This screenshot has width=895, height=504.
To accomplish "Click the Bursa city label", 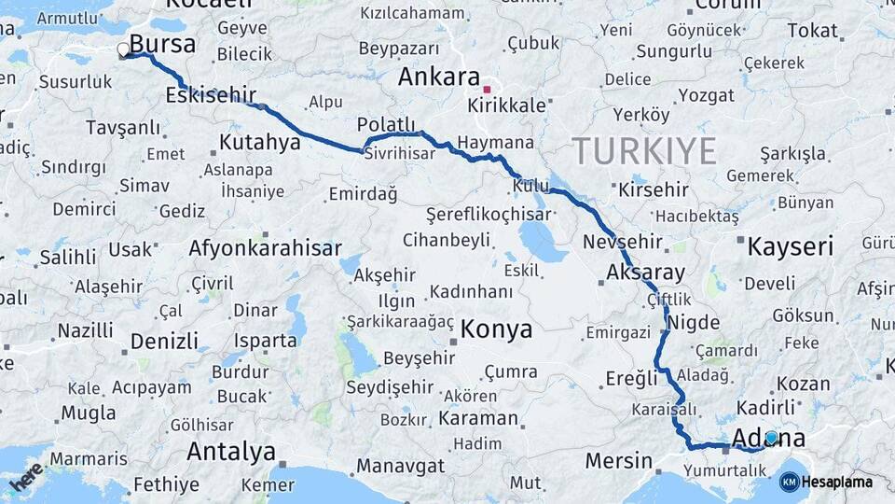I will pyautogui.click(x=162, y=44).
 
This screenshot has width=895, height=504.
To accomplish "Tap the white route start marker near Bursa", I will pyautogui.click(x=124, y=50).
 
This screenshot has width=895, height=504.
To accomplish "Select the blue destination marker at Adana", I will pyautogui.click(x=771, y=437).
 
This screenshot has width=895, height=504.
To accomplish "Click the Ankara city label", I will pyautogui.click(x=438, y=77).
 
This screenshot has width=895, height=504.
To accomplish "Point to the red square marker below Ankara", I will pyautogui.click(x=487, y=90).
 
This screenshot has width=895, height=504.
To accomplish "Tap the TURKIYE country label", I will pyautogui.click(x=644, y=150).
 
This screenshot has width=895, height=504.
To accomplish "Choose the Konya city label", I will pyautogui.click(x=496, y=329).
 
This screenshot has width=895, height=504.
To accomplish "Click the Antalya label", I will pyautogui.click(x=231, y=452).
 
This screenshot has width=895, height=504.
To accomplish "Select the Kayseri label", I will pyautogui.click(x=790, y=247).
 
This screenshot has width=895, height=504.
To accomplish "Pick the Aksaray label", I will pyautogui.click(x=645, y=273).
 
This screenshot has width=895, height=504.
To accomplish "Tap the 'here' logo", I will pyautogui.click(x=25, y=475).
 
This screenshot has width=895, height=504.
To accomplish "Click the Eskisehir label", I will pyautogui.click(x=211, y=95).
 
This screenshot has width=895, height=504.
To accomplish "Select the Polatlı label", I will pyautogui.click(x=386, y=125).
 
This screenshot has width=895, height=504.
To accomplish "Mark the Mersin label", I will pyautogui.click(x=619, y=461).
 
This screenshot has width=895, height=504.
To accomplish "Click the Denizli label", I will pyautogui.click(x=164, y=341).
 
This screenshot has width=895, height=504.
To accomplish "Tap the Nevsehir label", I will pyautogui.click(x=622, y=242).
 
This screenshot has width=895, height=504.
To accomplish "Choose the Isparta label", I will pyautogui.click(x=266, y=341).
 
